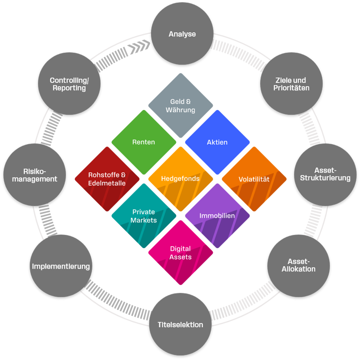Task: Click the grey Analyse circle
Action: (182, 34)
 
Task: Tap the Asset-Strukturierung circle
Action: (325, 174)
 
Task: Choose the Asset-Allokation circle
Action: (298, 265)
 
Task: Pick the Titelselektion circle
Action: (177, 324)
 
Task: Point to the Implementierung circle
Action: (61, 266)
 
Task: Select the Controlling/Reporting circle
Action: (69, 84)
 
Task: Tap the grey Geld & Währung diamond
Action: (181, 105)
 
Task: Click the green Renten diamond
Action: (144, 142)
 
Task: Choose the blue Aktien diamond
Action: (217, 142)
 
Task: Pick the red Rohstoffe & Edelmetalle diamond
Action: (107, 179)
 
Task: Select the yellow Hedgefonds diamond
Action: (181, 178)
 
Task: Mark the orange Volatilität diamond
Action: (253, 179)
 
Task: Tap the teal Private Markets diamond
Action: (144, 215)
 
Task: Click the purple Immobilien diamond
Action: (217, 215)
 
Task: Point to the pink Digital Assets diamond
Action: (181, 252)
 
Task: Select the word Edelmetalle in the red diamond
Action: (107, 183)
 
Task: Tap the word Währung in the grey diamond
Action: (181, 110)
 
